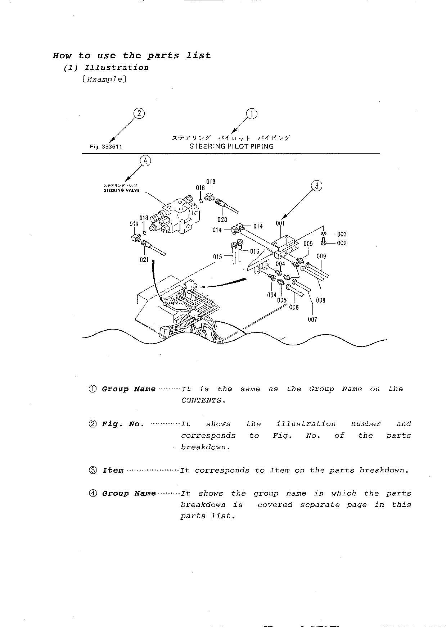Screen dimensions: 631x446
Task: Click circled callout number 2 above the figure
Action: coord(139,114)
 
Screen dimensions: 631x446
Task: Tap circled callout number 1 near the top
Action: coord(252,114)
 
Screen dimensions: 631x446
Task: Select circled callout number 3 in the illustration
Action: coord(316,186)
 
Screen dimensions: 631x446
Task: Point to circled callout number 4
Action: coord(145,160)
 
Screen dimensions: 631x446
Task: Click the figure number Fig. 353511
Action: coord(106,147)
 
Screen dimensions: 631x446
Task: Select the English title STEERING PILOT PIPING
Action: coord(231,146)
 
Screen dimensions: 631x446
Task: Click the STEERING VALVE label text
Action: coord(122,190)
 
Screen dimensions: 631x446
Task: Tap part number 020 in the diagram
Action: coord(222,219)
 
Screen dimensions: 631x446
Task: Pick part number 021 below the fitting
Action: coord(144,260)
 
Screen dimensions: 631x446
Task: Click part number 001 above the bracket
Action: coord(280,223)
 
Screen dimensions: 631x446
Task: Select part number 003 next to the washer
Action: coord(342,234)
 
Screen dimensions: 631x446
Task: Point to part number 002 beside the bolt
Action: coord(342,243)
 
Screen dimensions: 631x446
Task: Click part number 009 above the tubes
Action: coord(321,256)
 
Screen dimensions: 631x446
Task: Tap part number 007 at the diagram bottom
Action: coord(312,319)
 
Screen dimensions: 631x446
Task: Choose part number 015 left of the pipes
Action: coord(217,257)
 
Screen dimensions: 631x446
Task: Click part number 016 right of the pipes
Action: coord(254,251)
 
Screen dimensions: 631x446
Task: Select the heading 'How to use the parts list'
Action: coord(132,56)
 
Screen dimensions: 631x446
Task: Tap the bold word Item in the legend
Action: coord(113,471)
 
